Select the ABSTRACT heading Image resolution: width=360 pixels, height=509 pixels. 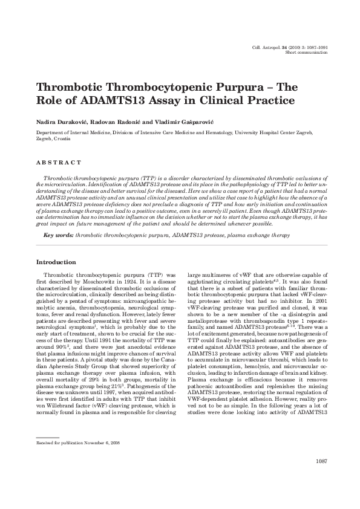(x=59, y=163)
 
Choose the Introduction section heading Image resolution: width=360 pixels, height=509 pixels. (x=56, y=262)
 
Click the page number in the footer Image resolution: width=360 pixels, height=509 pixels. (x=321, y=478)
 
